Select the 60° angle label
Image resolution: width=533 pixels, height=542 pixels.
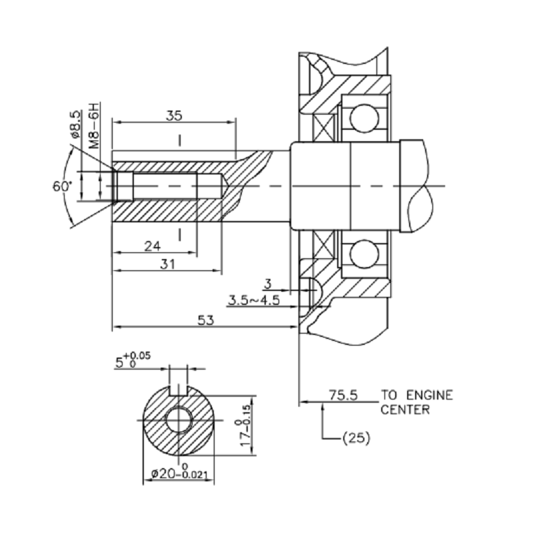[x=62, y=186]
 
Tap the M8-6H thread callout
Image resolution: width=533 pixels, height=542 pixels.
[x=95, y=125]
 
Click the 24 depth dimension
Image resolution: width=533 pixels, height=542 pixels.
[x=153, y=246]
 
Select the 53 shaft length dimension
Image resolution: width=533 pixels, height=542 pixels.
[x=206, y=320]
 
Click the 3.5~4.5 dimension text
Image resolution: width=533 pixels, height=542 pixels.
[x=254, y=300]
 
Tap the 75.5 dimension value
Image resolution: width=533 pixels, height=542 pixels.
[x=343, y=395]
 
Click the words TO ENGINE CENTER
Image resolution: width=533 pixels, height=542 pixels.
[x=416, y=402]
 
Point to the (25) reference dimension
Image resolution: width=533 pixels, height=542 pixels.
[x=355, y=438]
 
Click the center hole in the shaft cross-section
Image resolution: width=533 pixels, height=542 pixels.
[x=179, y=421]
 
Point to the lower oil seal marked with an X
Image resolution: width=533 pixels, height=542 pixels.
[x=328, y=246]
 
